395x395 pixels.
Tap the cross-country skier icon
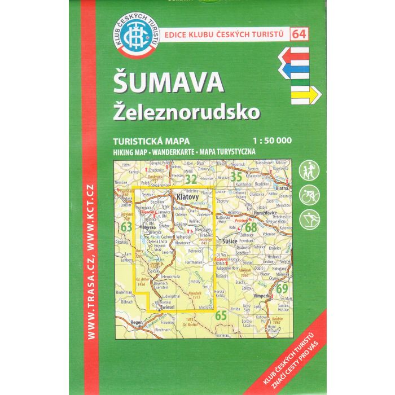coord(310,217)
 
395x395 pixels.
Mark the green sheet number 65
coord(221,315)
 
